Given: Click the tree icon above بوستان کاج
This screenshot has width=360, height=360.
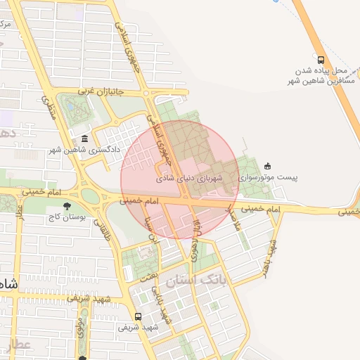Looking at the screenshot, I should (x=67, y=206).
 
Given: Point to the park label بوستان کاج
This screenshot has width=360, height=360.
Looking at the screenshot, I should (x=66, y=217).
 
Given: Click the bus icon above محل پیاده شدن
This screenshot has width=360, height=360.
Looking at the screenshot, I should (x=321, y=60).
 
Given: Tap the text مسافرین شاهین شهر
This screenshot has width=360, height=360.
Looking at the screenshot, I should (x=321, y=82).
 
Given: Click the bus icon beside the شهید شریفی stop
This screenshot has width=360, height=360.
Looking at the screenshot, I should (x=139, y=316).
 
